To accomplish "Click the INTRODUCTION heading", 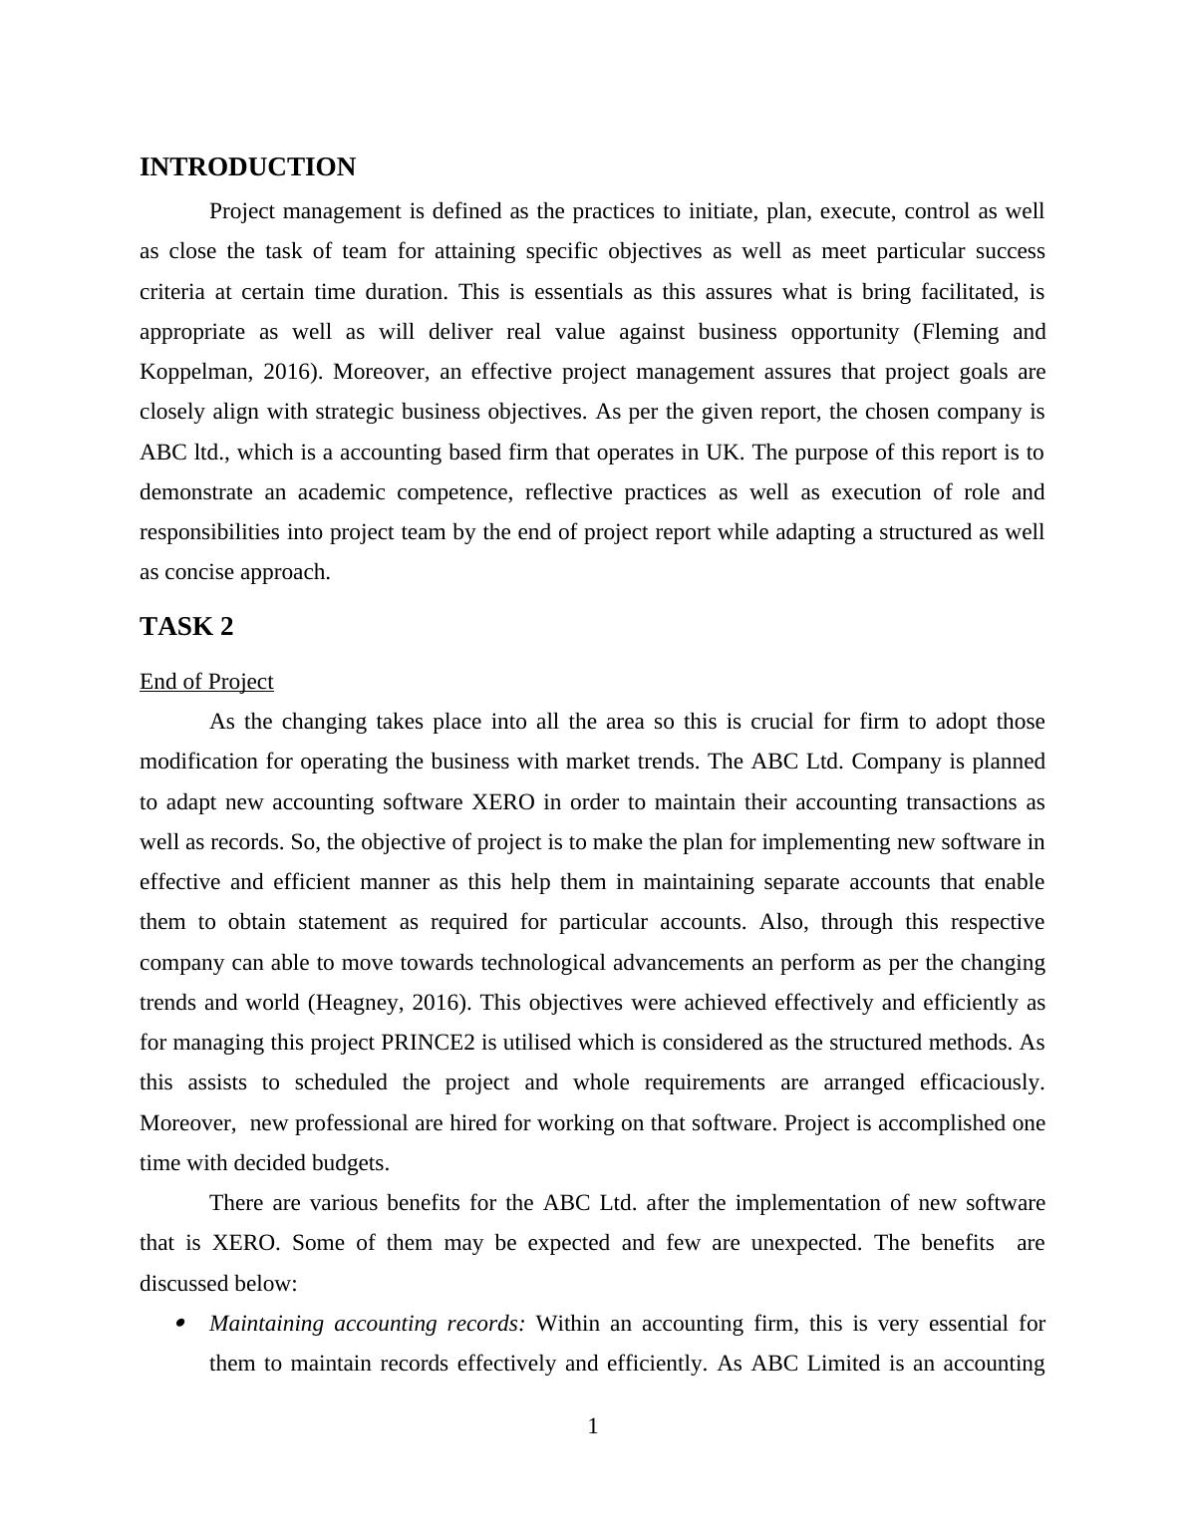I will tap(247, 167).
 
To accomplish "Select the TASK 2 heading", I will tap(186, 627).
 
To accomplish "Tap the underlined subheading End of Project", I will tap(206, 682).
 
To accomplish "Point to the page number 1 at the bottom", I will tap(593, 1427).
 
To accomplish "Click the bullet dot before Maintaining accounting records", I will tap(180, 1324).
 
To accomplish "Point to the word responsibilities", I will tap(209, 532).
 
